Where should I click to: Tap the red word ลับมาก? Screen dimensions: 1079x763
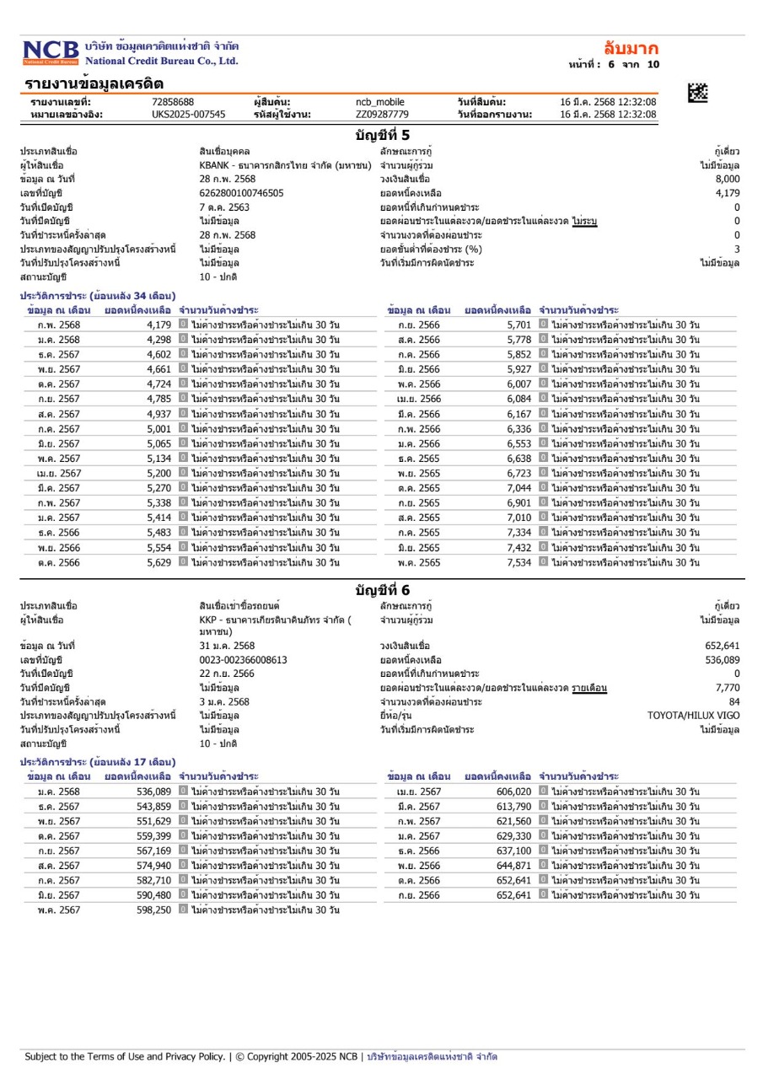coord(631,48)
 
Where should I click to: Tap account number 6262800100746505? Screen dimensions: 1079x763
coord(241,193)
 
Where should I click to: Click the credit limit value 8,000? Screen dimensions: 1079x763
coord(727,180)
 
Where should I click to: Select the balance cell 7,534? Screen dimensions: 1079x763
coord(519,562)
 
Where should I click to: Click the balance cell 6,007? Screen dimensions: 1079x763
coord(519,384)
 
